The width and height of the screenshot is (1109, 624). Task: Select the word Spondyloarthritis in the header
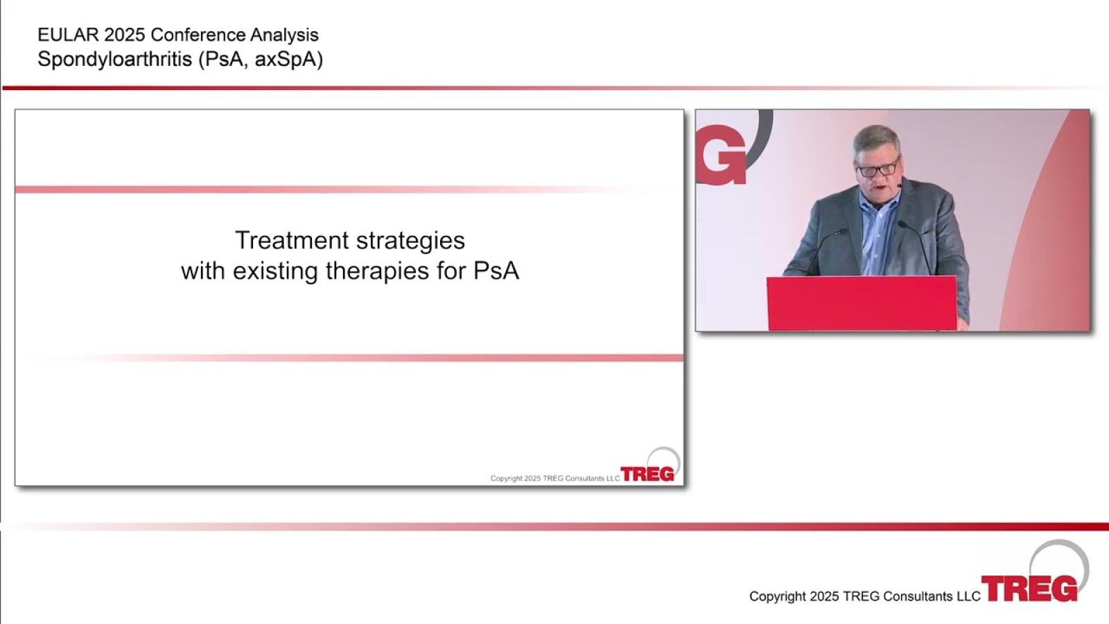(115, 60)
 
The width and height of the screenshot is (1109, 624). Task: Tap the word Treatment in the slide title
(292, 240)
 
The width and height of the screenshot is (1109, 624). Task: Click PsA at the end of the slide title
(496, 270)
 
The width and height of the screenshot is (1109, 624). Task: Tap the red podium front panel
(862, 303)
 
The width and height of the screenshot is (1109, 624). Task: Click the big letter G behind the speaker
(721, 155)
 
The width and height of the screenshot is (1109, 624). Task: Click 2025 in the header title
(125, 35)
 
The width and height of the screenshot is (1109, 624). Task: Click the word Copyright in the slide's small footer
(507, 478)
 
